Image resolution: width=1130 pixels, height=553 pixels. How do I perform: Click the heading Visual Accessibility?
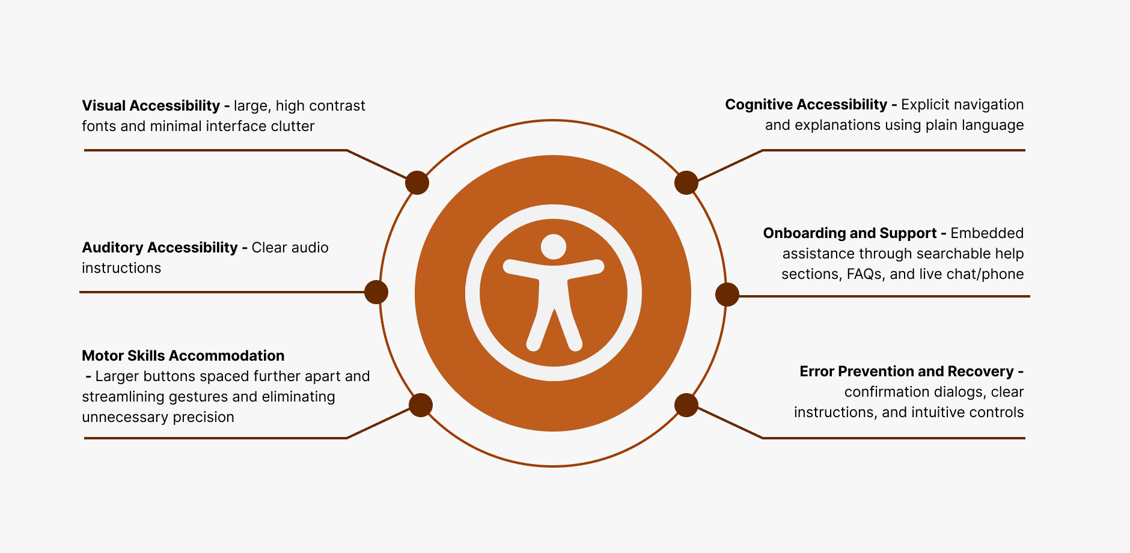(x=150, y=106)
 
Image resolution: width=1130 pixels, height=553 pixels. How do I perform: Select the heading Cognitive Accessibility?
(x=805, y=105)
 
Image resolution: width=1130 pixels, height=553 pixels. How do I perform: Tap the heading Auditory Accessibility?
(x=159, y=248)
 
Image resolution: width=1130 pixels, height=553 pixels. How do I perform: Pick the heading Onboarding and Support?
(x=849, y=233)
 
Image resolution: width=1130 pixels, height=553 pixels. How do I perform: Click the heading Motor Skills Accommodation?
(x=183, y=356)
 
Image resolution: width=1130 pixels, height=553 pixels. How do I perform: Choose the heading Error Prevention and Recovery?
(x=906, y=371)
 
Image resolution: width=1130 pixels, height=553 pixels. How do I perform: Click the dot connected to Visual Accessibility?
(x=417, y=183)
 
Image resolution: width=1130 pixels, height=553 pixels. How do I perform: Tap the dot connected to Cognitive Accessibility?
(x=686, y=183)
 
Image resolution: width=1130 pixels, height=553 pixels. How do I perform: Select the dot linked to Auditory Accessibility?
(x=376, y=292)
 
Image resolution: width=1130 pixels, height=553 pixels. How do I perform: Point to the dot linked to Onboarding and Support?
(x=727, y=295)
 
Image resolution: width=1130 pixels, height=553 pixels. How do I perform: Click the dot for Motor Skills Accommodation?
(x=421, y=405)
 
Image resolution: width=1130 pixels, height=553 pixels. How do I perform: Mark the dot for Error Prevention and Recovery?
(x=686, y=405)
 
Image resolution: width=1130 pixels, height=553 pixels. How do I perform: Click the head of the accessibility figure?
(x=554, y=246)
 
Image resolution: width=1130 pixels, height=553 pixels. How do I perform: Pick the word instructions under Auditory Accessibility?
(x=121, y=268)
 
